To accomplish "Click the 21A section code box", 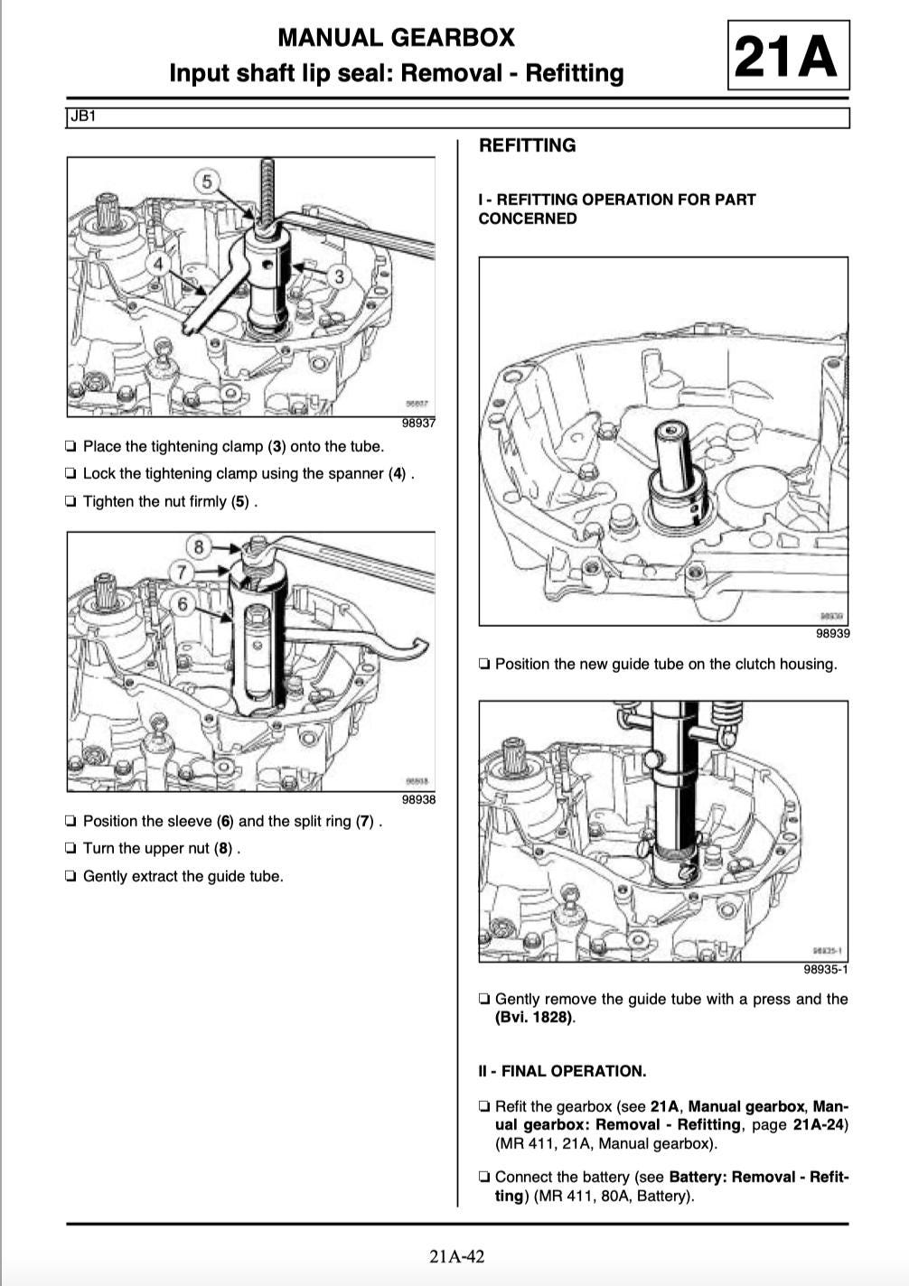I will pos(787,56).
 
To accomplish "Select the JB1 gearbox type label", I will pos(82,116).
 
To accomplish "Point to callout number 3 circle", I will pos(340,275).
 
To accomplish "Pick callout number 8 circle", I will pos(199,546).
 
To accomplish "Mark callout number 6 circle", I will pos(183,602).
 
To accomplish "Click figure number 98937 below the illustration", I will pos(418,424).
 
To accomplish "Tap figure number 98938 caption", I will pos(418,799).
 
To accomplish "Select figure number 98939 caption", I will pos(832,633).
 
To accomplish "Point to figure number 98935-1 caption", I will pos(826,970).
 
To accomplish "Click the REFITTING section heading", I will pos(527,145).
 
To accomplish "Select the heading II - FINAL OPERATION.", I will pos(562,1071).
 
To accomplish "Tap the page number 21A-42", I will pos(457,1256).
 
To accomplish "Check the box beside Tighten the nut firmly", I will pos(70,501).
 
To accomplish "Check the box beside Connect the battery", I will pos(485,1178).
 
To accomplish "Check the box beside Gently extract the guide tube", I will pos(70,876).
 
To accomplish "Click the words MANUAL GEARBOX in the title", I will pos(396,38).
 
